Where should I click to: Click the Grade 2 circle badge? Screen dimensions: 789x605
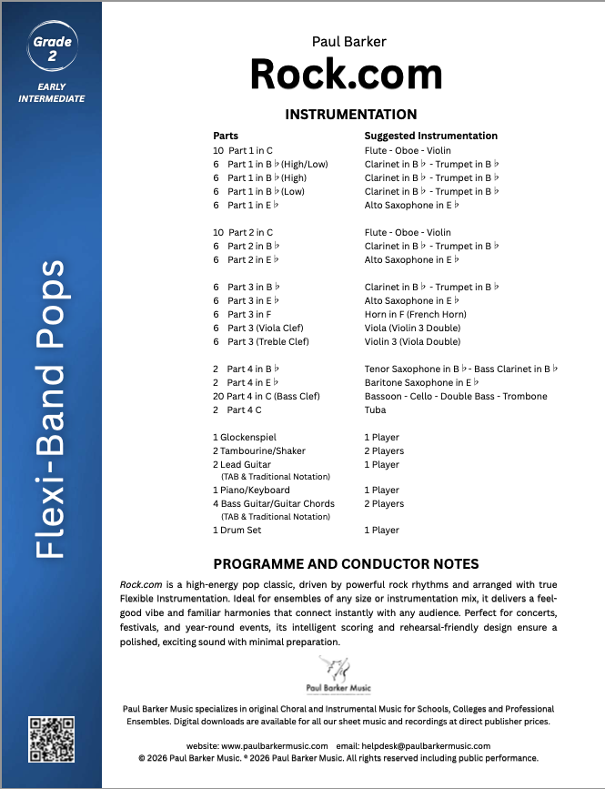(51, 47)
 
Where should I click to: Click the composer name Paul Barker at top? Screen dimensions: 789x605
(349, 41)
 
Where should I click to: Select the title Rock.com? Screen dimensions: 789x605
(347, 75)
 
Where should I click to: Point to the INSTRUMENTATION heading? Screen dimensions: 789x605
(351, 115)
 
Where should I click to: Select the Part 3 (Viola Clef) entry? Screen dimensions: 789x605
(265, 328)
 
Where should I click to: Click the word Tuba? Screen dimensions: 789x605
(375, 410)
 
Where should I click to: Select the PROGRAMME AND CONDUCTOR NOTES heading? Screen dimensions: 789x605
(346, 564)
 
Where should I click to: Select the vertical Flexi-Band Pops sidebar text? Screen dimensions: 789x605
(53, 410)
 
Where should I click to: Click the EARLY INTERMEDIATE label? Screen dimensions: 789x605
(51, 93)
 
